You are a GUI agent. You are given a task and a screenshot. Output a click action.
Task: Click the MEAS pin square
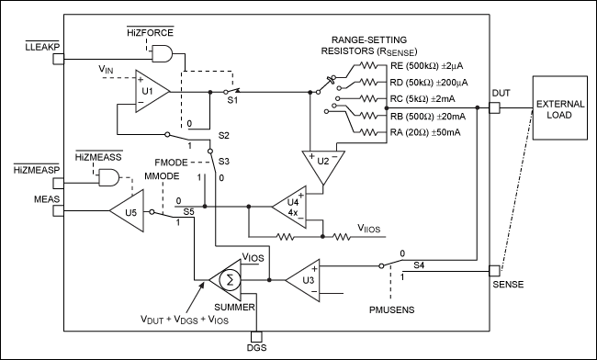(57, 210)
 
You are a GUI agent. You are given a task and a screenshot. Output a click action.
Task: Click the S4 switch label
(418, 264)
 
